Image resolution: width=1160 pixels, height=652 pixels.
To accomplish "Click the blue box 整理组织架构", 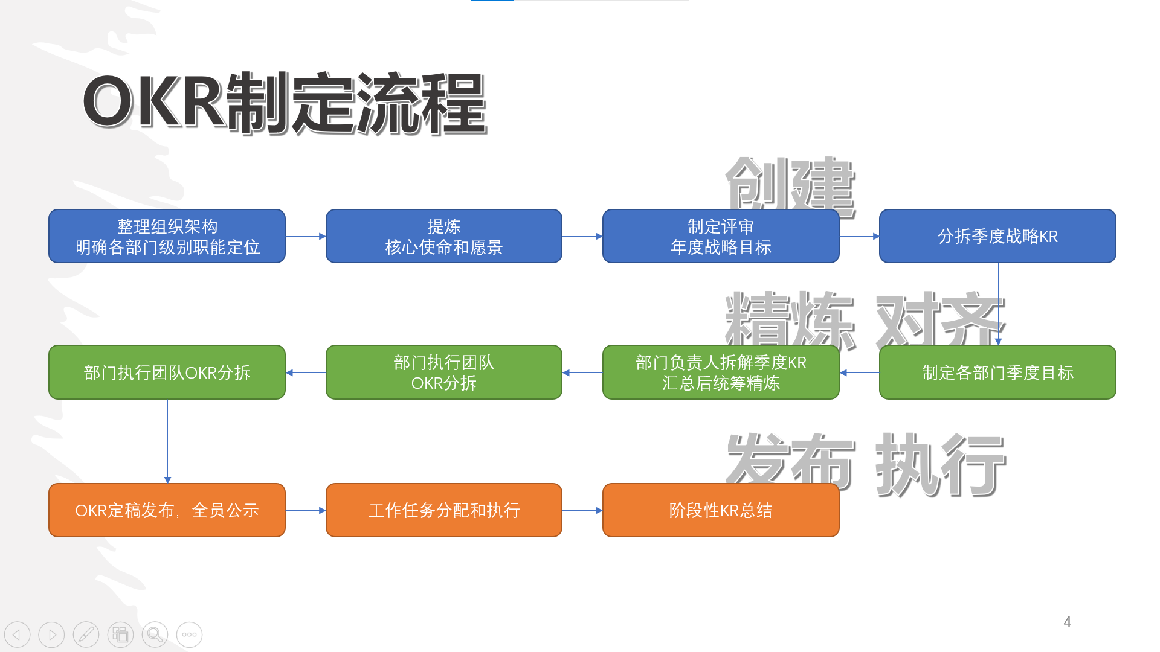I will click(167, 236).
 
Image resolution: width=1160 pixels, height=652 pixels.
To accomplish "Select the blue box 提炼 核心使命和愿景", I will click(443, 236).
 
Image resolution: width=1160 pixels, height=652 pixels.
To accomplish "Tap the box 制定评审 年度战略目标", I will click(720, 236).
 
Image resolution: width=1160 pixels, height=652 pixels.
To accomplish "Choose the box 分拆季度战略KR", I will click(997, 236).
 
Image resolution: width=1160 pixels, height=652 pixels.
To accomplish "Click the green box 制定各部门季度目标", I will click(997, 372).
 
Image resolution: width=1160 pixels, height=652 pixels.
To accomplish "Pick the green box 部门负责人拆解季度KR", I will click(720, 372).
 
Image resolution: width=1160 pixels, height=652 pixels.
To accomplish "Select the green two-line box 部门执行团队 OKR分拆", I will click(443, 372).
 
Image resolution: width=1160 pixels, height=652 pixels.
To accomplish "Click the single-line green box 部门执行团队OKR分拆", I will click(167, 372).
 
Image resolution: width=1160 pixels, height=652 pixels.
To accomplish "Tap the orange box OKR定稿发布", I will click(167, 510).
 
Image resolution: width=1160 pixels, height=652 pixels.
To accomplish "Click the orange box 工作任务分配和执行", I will click(443, 510).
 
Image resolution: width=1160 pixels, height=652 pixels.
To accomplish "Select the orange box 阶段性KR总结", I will click(720, 510).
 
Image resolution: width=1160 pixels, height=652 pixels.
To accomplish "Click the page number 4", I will click(1067, 622).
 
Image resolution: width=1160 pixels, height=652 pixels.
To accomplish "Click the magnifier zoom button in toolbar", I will click(155, 634).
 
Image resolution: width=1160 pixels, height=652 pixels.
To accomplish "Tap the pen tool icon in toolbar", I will click(86, 634).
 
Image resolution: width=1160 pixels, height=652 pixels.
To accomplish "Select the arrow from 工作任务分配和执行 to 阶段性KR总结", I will click(582, 510).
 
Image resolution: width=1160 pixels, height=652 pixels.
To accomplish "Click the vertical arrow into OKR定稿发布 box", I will click(167, 441).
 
